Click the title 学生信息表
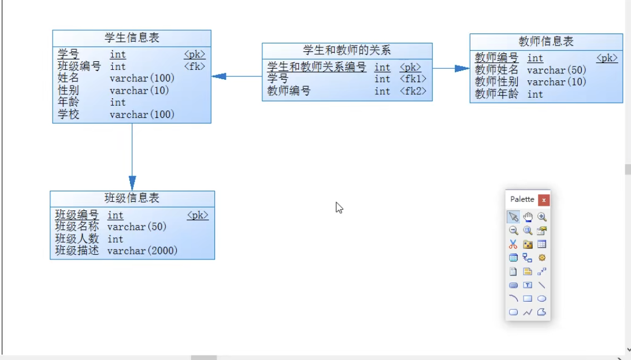tap(132, 38)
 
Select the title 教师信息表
tap(546, 42)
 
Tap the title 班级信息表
tap(132, 198)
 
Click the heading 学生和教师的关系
tap(347, 51)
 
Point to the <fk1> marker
tap(413, 79)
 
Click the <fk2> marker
tap(413, 91)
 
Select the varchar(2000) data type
tap(142, 251)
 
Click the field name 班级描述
tap(77, 251)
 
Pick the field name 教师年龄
tap(497, 94)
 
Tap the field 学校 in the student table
tap(68, 114)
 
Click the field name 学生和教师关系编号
tap(317, 68)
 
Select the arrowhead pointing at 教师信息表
tap(462, 69)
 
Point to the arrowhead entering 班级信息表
tap(132, 183)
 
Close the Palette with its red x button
tap(544, 200)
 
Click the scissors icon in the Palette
tap(513, 244)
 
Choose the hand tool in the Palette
tap(528, 217)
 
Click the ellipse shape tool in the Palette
tap(542, 299)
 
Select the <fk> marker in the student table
tap(195, 66)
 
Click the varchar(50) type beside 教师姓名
tap(556, 70)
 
